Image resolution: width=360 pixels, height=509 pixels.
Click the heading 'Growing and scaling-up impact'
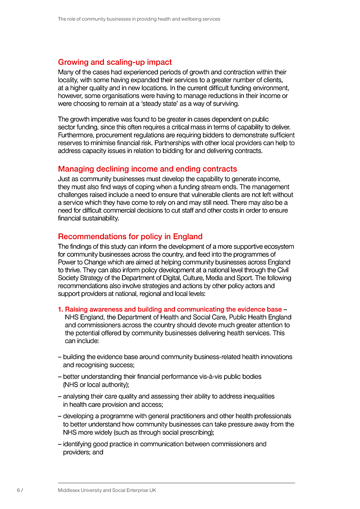pos(115,62)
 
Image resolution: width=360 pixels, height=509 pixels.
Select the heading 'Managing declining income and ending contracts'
pos(147,169)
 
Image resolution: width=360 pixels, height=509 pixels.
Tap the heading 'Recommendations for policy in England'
pos(130,237)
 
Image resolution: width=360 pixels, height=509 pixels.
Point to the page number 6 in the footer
pos(18,490)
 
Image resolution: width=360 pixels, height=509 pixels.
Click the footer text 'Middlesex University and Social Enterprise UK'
pos(107,490)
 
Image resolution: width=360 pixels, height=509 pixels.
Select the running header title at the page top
pos(139,19)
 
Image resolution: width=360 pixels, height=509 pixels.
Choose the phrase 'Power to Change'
pos(81,262)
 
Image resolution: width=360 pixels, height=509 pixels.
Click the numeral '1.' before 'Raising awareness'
pos(61,309)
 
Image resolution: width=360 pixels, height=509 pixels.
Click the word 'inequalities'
pos(256,396)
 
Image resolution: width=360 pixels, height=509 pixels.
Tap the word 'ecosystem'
pos(277,246)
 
